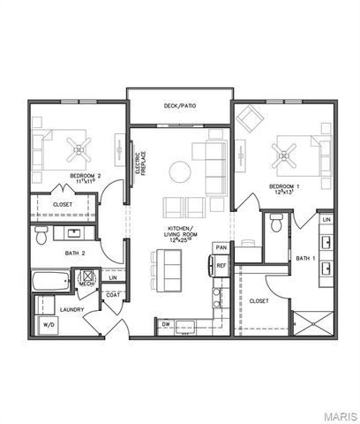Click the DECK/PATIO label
coord(179,107)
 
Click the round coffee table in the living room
coord(180,170)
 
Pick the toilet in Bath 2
coord(41,236)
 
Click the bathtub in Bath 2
coord(50,282)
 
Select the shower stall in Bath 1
coord(312,320)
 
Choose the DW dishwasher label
coord(165,324)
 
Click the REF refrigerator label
coord(221,265)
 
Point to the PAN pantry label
coord(221,246)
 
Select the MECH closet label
coord(86,295)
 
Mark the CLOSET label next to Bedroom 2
coord(63,204)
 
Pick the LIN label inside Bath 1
coord(326,218)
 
